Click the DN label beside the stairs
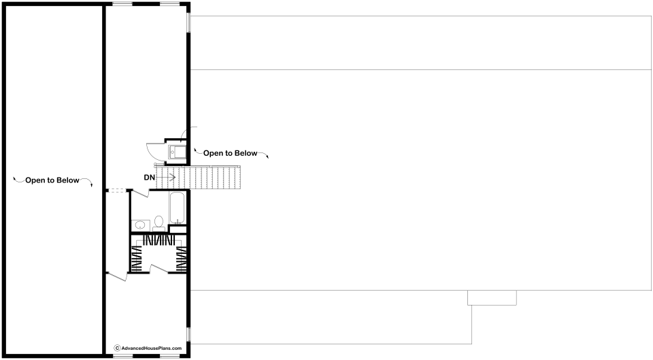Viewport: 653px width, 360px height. coord(149,178)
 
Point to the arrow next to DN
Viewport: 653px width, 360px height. coord(166,178)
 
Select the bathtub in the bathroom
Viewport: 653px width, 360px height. coord(178,208)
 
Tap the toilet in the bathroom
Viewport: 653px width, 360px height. coord(158,223)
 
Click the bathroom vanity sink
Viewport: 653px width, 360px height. coord(140,225)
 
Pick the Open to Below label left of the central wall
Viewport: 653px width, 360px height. coord(52,180)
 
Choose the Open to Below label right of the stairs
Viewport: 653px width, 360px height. coord(231,153)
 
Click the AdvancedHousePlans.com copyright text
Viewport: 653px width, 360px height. coord(152,348)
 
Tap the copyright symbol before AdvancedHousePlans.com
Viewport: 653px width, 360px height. coord(118,348)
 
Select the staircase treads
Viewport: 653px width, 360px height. coord(199,178)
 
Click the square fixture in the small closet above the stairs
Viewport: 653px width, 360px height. coord(178,152)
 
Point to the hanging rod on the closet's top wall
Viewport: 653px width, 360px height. coord(158,240)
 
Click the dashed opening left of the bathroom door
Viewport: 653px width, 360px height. coord(117,191)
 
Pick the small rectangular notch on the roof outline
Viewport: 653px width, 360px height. coord(492,297)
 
